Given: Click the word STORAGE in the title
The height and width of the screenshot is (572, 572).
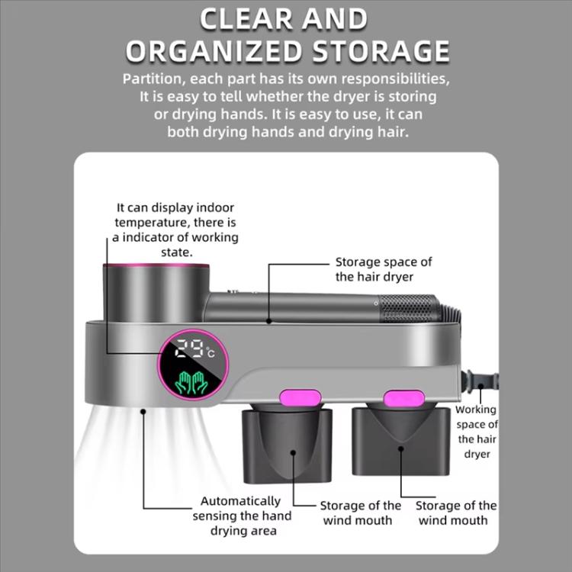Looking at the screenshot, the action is coord(381,50).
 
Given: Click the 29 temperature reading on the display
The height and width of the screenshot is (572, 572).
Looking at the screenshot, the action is coord(189,349).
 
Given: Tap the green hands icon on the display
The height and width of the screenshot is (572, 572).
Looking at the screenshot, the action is coord(191,383).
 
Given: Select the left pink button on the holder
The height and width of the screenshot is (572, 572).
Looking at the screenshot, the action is coord(300,397).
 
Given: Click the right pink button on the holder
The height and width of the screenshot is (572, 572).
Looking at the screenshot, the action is coord(404,398).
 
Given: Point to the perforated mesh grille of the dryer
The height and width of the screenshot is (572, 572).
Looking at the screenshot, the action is coord(410,309).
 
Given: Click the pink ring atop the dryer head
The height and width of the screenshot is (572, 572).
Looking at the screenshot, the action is coord(156,265).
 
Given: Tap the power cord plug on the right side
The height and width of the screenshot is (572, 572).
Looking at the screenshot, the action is coord(480,382).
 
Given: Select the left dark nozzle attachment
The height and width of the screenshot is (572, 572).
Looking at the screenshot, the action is coord(287,445).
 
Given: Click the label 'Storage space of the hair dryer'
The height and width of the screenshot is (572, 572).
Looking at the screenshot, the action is coord(384,269).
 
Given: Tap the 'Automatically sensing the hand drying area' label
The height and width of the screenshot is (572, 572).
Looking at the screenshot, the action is coord(242,516).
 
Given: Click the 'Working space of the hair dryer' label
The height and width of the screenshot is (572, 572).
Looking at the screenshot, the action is coord(477,432).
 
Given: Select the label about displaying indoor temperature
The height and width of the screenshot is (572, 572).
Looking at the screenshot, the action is coord(175,230).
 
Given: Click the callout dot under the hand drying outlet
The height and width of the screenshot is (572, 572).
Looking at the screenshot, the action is coord(143,412).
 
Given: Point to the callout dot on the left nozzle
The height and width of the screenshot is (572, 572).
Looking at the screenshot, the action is coord(294,453).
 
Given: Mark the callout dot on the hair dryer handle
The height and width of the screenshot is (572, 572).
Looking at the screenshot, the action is coord(269,321).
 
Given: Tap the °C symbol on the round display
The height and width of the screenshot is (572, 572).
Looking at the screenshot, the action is coord(210,352).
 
